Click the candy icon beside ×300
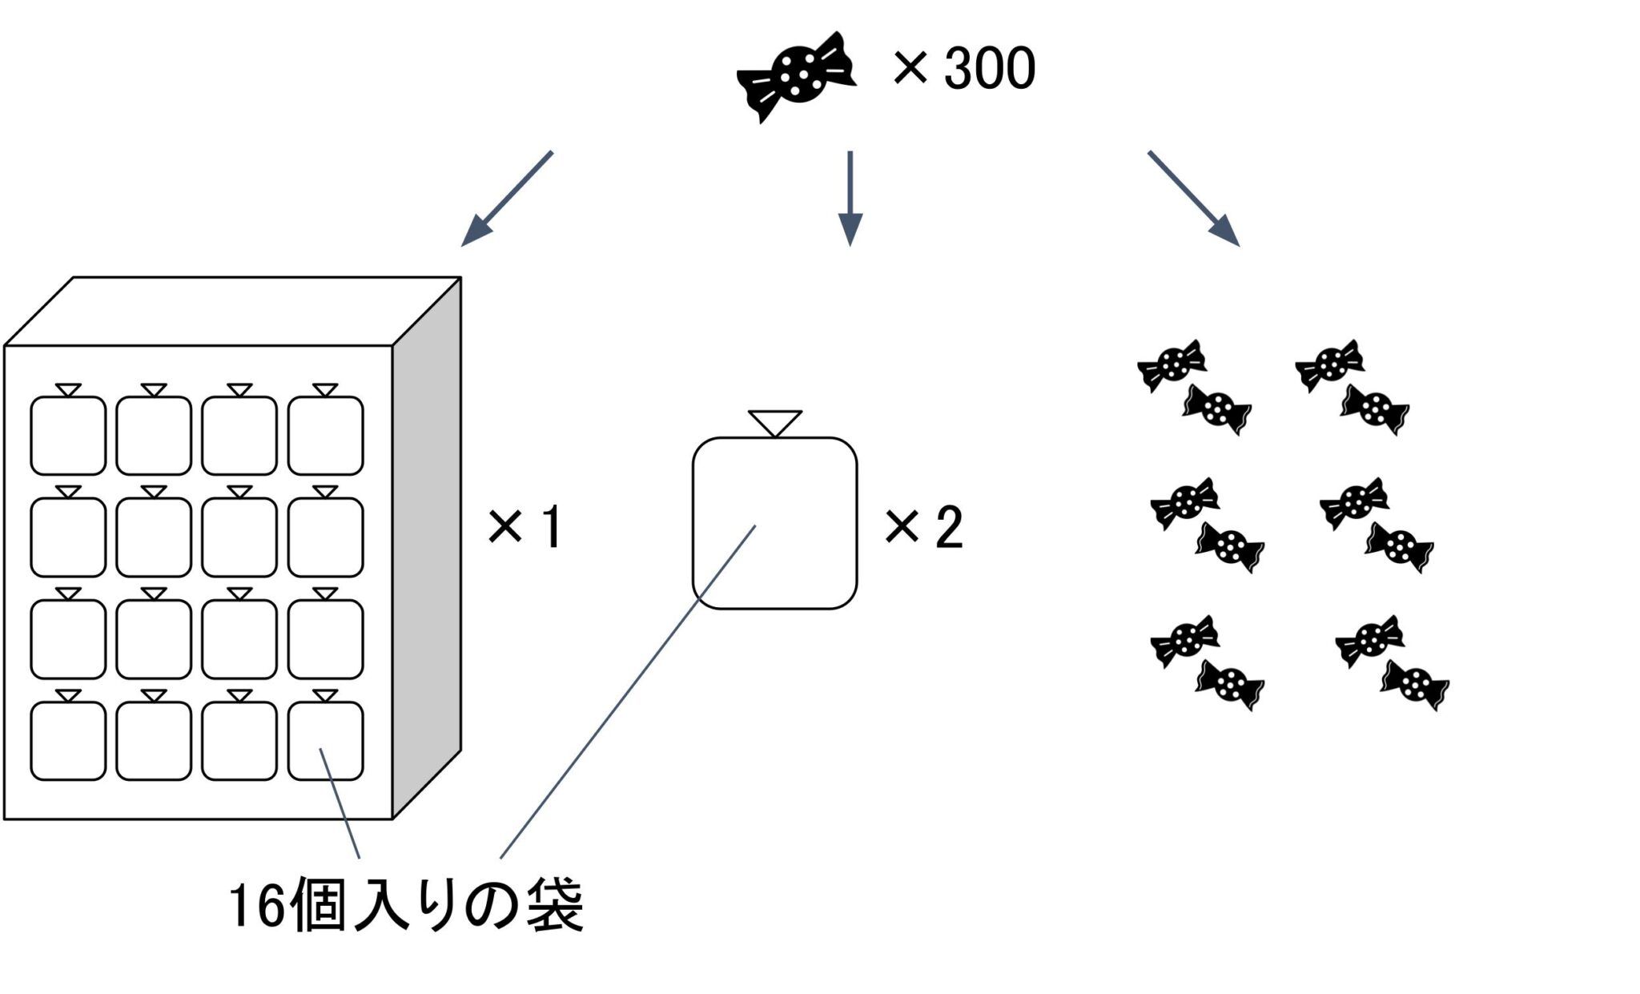pyautogui.click(x=796, y=76)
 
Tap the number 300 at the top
pyautogui.click(x=990, y=69)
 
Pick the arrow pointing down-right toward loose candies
pyautogui.click(x=1194, y=198)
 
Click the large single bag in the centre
pyautogui.click(x=774, y=522)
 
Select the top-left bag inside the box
pyautogui.click(x=68, y=435)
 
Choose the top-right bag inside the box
pyautogui.click(x=325, y=435)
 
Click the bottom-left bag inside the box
pyautogui.click(x=68, y=740)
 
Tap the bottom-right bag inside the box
pyautogui.click(x=325, y=740)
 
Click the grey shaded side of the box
pyautogui.click(x=427, y=545)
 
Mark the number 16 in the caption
pyautogui.click(x=257, y=907)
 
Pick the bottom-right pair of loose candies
pyautogui.click(x=1392, y=663)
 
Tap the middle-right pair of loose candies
pyautogui.click(x=1377, y=525)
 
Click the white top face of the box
pyautogui.click(x=232, y=311)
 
